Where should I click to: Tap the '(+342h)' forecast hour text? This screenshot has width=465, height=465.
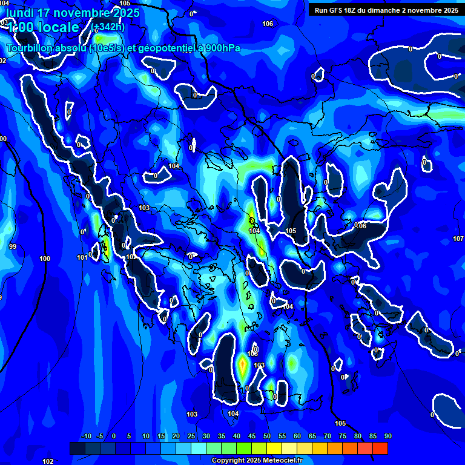click(108, 27)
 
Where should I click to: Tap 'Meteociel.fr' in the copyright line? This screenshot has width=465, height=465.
click(283, 461)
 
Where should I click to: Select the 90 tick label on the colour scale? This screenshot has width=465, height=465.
click(388, 437)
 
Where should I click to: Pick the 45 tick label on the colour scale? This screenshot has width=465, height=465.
click(252, 437)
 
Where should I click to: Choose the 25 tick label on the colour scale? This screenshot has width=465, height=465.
click(191, 437)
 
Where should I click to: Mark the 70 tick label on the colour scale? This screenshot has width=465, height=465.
click(328, 437)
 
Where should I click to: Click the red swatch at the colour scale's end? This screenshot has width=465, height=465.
click(380, 448)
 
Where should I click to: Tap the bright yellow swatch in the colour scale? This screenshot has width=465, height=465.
click(274, 448)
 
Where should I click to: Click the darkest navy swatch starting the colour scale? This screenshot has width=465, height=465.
click(77, 448)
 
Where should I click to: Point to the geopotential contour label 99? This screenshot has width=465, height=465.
click(13, 246)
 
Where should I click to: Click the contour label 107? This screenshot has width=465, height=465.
click(458, 239)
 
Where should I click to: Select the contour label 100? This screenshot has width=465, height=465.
click(45, 259)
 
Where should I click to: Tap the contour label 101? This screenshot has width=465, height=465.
click(82, 258)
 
